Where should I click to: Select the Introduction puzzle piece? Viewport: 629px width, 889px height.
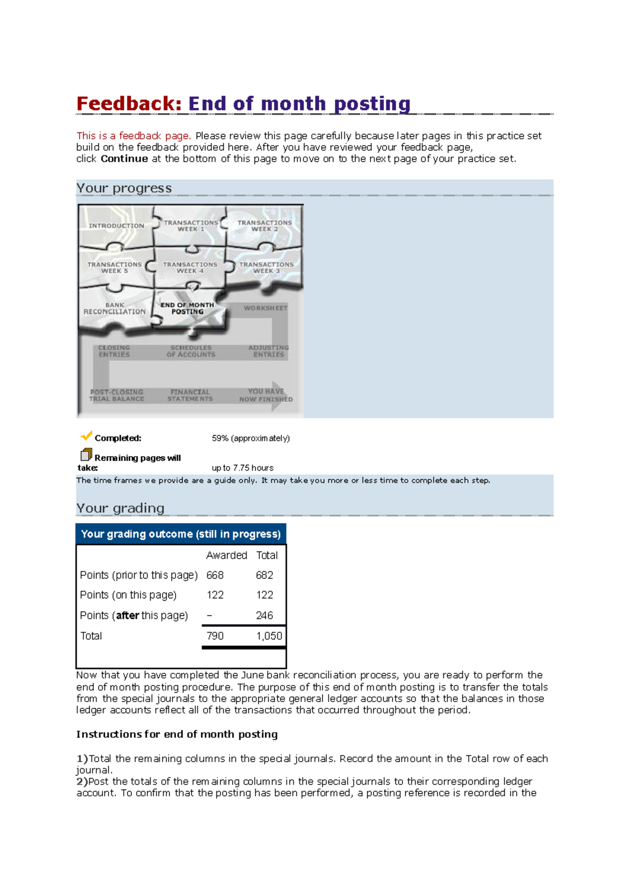116,226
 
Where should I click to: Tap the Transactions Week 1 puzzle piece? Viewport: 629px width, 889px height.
190,226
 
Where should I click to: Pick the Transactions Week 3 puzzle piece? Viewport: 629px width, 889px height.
266,268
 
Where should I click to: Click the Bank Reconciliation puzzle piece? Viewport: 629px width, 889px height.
114,308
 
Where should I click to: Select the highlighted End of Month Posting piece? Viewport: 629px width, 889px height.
187,308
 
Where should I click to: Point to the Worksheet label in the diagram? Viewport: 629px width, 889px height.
265,308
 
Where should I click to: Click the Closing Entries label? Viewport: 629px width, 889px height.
114,351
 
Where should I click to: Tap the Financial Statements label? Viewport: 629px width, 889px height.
190,395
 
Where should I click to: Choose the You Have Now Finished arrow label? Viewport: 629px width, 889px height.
266,395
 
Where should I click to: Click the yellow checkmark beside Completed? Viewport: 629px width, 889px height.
86,436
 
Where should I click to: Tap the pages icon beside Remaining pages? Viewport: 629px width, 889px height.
86,454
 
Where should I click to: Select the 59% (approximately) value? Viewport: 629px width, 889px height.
251,438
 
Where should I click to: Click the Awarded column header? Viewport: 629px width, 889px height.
226,555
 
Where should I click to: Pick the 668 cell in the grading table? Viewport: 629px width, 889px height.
215,575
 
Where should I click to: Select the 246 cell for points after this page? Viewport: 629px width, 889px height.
264,615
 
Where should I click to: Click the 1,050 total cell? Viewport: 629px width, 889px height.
269,636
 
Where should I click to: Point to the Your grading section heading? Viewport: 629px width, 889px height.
120,508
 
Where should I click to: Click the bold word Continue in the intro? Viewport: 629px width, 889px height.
124,159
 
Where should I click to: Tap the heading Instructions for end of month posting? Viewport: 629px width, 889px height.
177,734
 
